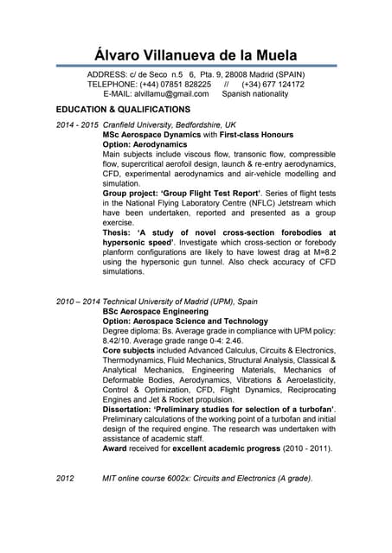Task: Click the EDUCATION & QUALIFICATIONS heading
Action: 122,110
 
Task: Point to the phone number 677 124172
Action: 284,85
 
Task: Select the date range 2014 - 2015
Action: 77,125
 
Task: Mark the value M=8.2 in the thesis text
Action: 323,251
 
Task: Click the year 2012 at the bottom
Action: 66,478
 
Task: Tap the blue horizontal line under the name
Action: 196,65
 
